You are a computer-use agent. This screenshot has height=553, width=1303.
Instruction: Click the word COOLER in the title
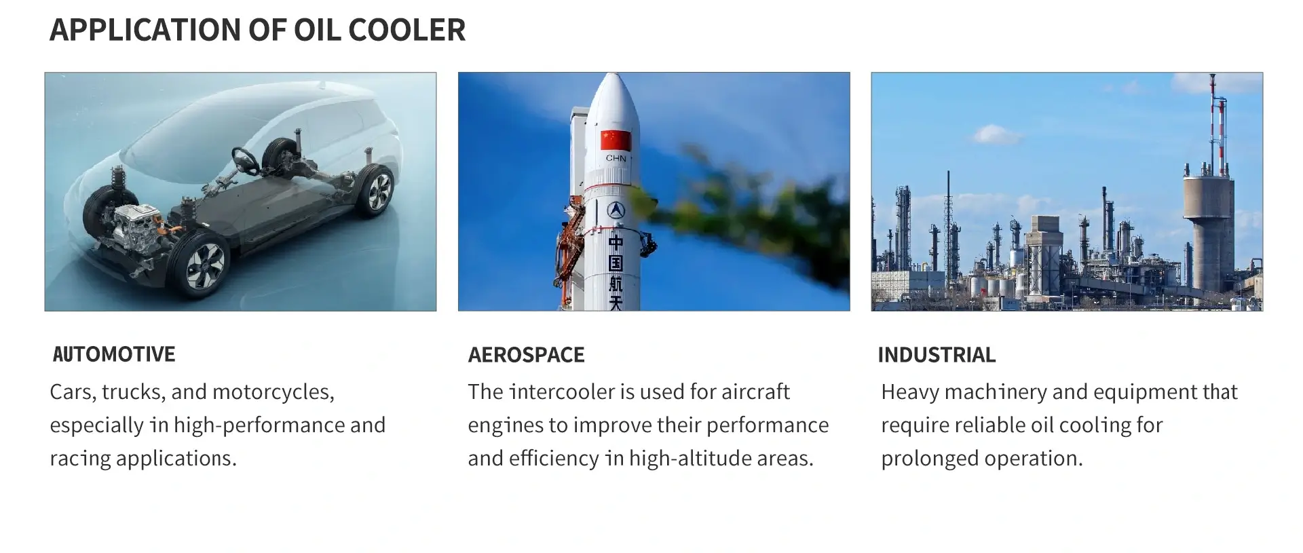click(407, 30)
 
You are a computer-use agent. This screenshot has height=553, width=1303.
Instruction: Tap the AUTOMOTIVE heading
click(114, 354)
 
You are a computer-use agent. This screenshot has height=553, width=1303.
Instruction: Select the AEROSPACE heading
click(526, 355)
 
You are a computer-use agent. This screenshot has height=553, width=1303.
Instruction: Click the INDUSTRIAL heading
click(937, 355)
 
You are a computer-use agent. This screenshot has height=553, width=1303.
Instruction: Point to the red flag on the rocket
click(616, 140)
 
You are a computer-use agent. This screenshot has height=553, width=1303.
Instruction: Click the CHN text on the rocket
click(616, 158)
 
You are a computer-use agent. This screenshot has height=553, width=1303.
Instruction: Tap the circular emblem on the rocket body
click(616, 210)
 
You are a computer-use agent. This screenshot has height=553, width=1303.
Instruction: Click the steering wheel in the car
click(246, 160)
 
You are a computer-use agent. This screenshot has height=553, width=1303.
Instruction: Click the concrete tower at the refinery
click(1208, 231)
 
